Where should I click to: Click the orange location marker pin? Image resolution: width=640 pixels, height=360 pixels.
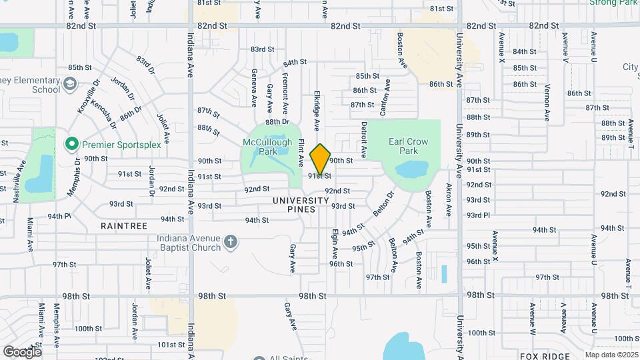tap(321, 159)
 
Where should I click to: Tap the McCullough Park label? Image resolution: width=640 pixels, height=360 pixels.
tap(268, 147)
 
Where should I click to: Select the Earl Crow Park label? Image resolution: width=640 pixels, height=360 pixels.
tap(408, 146)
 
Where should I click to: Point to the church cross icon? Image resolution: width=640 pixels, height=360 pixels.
tap(230, 242)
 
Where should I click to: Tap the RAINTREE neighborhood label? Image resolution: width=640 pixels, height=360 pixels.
tap(123, 227)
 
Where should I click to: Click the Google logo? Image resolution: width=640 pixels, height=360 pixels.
tap(22, 351)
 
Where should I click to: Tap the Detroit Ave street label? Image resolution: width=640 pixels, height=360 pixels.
tap(364, 139)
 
